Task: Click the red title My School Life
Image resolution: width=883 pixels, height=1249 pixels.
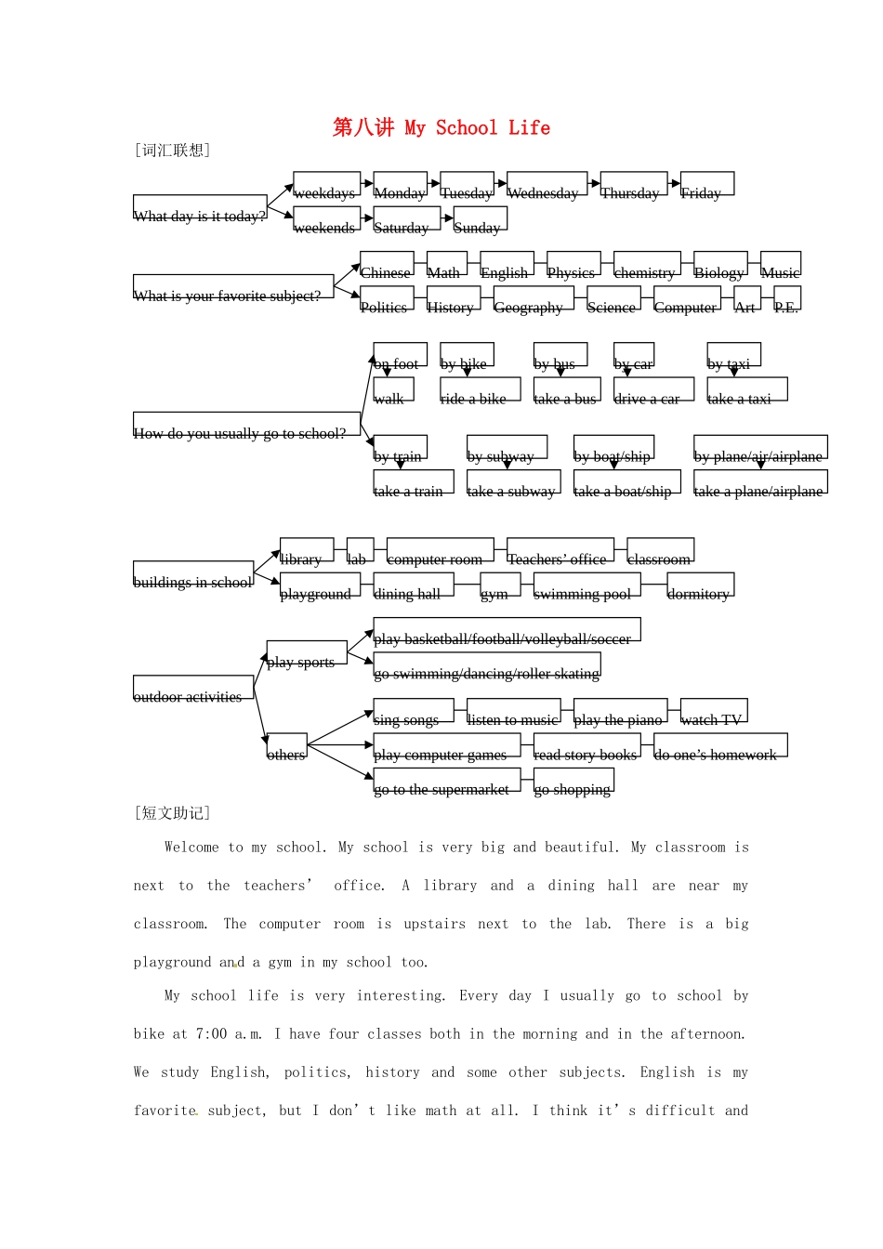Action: (x=441, y=128)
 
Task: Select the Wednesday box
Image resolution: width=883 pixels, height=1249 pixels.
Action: (x=547, y=185)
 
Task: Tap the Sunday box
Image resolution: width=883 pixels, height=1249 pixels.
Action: (x=480, y=219)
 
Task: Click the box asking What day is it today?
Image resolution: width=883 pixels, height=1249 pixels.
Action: (x=200, y=207)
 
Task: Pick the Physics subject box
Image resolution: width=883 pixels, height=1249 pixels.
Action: (x=573, y=265)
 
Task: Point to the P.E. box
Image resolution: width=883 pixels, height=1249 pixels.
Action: (x=786, y=299)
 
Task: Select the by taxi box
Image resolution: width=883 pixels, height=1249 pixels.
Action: (x=733, y=356)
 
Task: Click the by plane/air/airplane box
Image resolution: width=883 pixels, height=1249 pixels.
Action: (x=760, y=448)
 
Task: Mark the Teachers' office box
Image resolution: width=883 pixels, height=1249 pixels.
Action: (x=560, y=551)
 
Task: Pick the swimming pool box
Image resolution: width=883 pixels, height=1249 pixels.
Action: (x=586, y=585)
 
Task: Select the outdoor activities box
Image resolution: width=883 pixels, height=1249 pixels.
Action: (x=193, y=688)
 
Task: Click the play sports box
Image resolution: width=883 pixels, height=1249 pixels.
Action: (x=307, y=653)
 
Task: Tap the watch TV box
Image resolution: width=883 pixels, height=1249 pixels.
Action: (x=714, y=711)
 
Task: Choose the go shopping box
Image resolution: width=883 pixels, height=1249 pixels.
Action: (x=573, y=781)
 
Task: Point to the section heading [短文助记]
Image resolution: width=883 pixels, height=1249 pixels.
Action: (x=173, y=813)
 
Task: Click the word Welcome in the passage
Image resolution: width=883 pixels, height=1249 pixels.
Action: (x=191, y=848)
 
